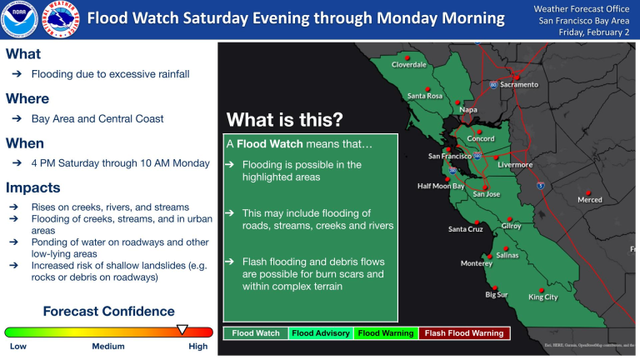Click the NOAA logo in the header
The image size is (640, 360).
click(x=18, y=19)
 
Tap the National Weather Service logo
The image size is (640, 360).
click(x=59, y=19)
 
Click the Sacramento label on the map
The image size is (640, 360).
click(x=518, y=84)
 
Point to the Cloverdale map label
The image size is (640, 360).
click(x=409, y=64)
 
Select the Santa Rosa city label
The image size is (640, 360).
click(x=424, y=96)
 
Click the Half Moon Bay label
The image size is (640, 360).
click(x=441, y=186)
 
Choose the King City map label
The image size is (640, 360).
click(x=542, y=297)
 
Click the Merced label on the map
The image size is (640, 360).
click(x=589, y=199)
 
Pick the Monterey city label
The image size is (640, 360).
click(x=477, y=263)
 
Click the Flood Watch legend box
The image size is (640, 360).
click(x=256, y=333)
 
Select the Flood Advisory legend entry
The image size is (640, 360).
click(x=320, y=333)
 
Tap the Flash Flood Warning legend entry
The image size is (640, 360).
click(x=464, y=333)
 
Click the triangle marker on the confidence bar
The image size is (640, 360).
click(x=183, y=330)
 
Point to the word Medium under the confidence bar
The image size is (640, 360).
click(x=108, y=347)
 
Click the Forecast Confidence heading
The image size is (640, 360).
click(x=108, y=312)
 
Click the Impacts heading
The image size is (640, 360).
click(x=32, y=187)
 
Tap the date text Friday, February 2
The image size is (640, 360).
click(x=583, y=32)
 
